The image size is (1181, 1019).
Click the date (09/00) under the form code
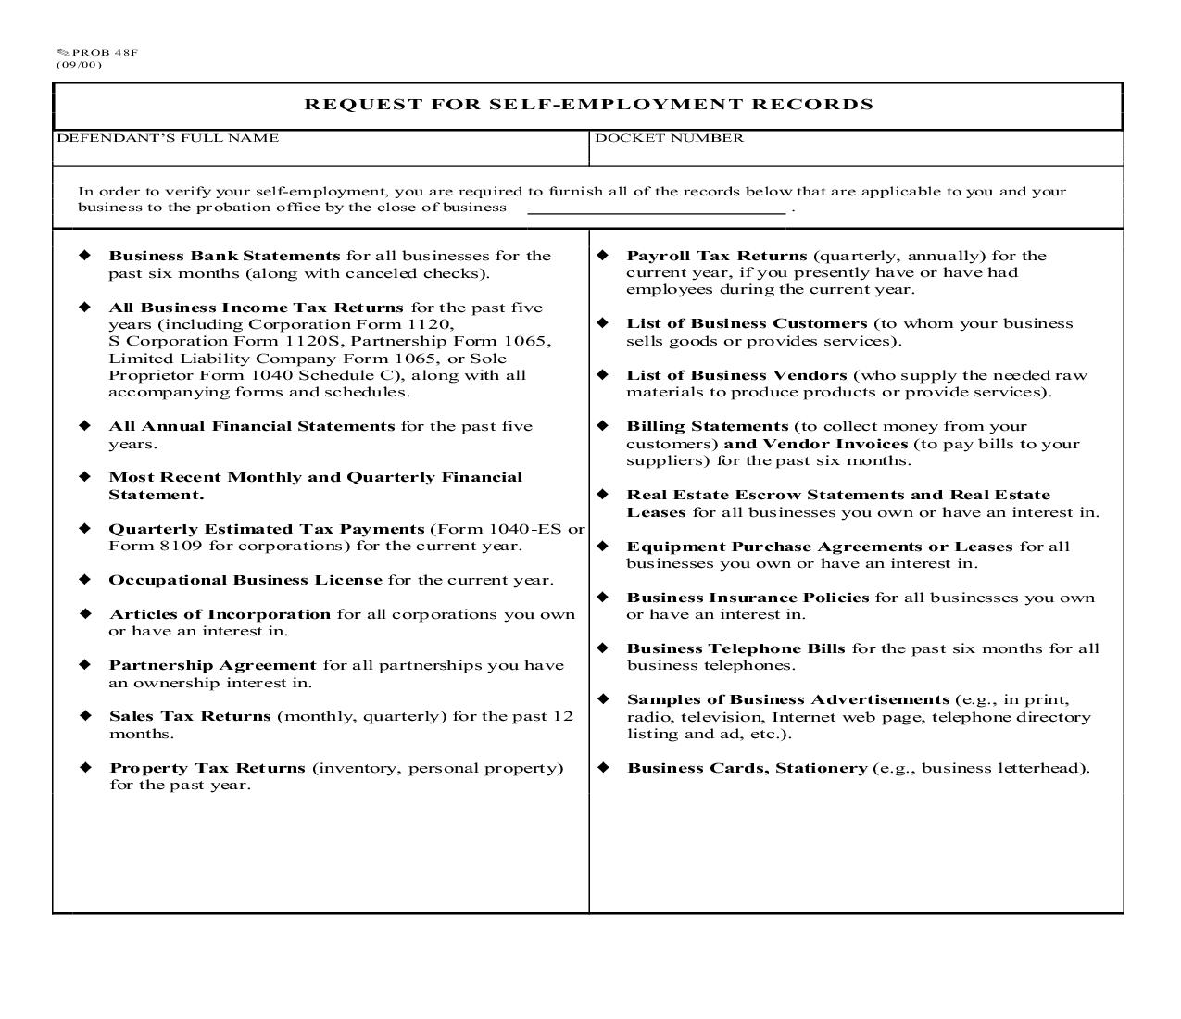click(x=79, y=65)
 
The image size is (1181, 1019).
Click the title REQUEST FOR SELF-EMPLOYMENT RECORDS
click(x=588, y=104)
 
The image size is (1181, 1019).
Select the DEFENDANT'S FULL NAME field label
click(x=168, y=138)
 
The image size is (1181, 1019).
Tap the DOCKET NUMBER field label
click(x=669, y=138)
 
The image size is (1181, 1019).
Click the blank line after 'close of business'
click(x=657, y=208)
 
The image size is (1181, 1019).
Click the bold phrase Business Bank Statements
click(x=224, y=256)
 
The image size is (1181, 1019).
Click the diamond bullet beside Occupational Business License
click(x=85, y=580)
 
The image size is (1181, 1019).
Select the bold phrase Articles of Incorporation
click(x=220, y=614)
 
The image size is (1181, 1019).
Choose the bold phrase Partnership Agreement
click(x=212, y=665)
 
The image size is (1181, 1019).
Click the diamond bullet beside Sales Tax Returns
click(x=85, y=716)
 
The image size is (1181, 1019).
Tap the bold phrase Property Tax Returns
click(x=207, y=768)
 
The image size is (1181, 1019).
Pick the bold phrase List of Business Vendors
click(x=736, y=375)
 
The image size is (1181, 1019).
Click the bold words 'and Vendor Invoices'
click(x=815, y=444)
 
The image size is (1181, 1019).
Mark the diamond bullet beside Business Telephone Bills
click(x=603, y=648)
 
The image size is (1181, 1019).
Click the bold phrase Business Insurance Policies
click(x=748, y=598)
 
